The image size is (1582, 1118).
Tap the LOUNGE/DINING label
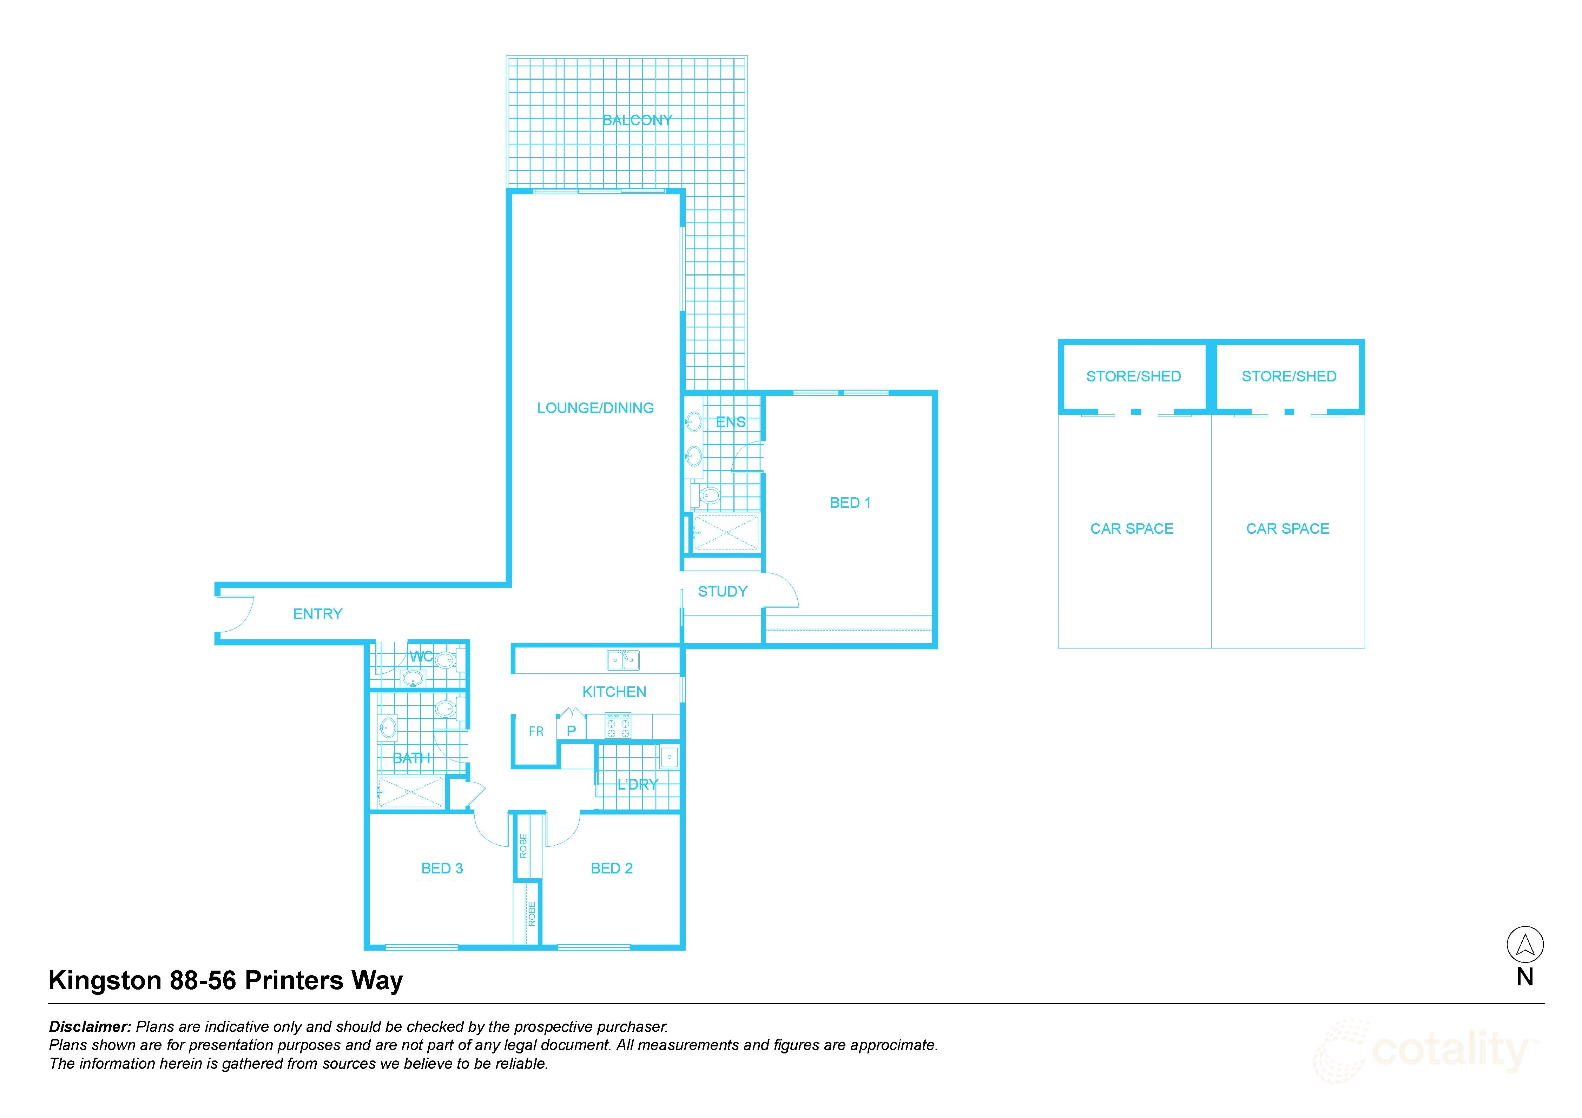coord(595,408)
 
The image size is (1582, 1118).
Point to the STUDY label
coord(722,591)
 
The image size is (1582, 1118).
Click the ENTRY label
coord(318,614)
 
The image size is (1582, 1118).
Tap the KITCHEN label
coord(614,692)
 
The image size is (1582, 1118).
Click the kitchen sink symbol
coord(623,660)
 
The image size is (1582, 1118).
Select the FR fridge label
coord(536,732)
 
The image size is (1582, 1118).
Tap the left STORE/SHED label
coord(1133,376)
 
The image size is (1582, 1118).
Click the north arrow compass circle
coord(1525,944)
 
